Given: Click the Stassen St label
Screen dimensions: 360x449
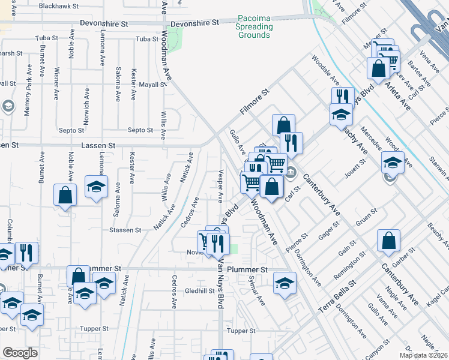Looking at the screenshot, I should pyautogui.click(x=125, y=230).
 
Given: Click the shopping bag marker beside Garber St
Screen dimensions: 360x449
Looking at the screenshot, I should pyautogui.click(x=388, y=241).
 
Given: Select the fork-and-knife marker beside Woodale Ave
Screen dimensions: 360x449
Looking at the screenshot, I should pyautogui.click(x=342, y=97).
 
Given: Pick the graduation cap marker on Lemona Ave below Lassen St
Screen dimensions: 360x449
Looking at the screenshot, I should pyautogui.click(x=96, y=186).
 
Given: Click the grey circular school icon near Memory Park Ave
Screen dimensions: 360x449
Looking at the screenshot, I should pyautogui.click(x=8, y=107).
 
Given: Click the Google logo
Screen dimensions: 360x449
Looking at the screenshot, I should pyautogui.click(x=20, y=353).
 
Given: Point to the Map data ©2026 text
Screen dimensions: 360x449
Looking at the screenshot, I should pyautogui.click(x=424, y=355).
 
